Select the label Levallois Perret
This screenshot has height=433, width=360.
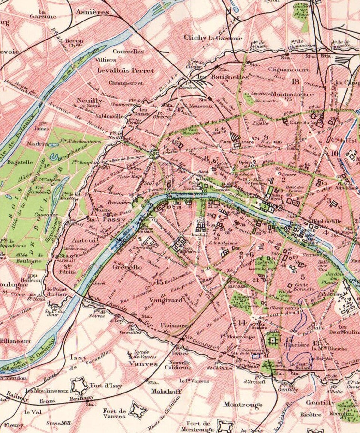(125, 70)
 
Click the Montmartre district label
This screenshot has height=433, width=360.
(292, 94)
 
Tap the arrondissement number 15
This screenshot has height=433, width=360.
(160, 282)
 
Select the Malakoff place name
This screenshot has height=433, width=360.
(166, 392)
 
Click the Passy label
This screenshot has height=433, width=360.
(114, 219)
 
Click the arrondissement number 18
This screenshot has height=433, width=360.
(296, 82)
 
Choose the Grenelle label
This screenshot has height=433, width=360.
(127, 267)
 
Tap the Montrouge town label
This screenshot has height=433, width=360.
(243, 405)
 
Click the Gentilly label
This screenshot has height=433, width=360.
(320, 403)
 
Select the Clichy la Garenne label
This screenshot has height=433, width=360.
(213, 38)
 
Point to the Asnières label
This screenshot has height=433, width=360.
(93, 12)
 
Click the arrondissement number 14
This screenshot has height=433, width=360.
(242, 323)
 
